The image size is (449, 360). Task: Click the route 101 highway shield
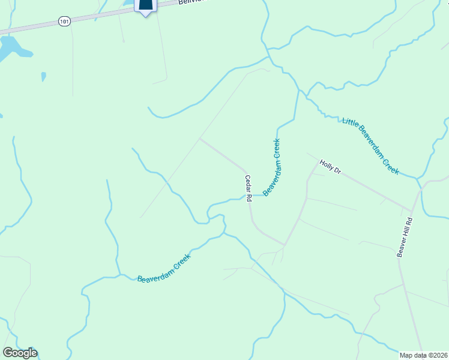pos(64,21)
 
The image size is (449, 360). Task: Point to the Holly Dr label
pos(330,167)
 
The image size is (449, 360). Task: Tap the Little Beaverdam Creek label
pos(370,146)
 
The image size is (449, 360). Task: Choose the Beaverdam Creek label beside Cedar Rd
pos(272,167)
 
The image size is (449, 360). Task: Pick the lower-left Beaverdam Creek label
pos(164,269)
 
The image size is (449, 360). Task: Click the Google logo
pos(20,353)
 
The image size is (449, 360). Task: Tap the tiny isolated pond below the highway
pos(44,76)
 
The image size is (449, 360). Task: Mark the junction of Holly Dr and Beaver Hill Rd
pos(411,211)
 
